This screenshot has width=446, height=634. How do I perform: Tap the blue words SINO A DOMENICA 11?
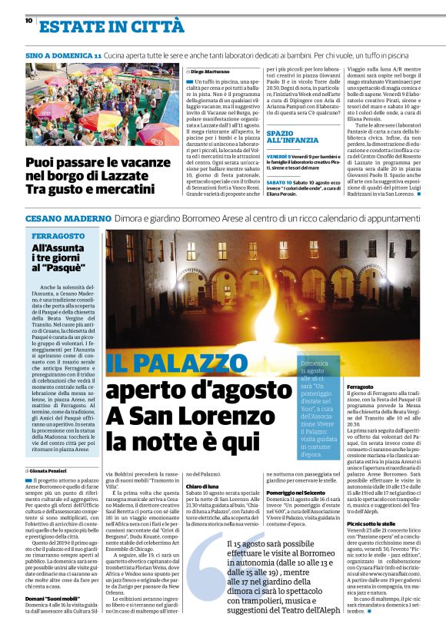click(x=63, y=57)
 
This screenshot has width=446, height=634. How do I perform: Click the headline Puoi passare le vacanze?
click(x=97, y=163)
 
